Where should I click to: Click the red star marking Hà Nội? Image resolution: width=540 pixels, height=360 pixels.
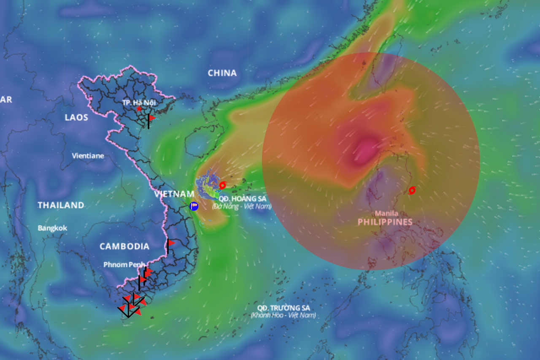pyautogui.click(x=139, y=109)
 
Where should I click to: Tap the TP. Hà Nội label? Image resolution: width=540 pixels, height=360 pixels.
pyautogui.click(x=138, y=103)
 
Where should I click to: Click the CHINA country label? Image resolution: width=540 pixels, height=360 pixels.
pyautogui.click(x=222, y=73)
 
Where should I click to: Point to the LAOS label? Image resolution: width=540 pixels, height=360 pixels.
pyautogui.click(x=76, y=117)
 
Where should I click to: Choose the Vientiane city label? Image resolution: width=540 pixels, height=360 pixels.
pyautogui.click(x=88, y=156)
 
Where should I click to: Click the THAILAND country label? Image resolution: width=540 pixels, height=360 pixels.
pyautogui.click(x=61, y=205)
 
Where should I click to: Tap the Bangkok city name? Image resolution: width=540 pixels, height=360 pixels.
pyautogui.click(x=52, y=228)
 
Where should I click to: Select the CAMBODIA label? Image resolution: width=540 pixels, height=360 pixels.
pyautogui.click(x=124, y=246)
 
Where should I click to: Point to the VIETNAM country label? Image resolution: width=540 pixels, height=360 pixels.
pyautogui.click(x=174, y=194)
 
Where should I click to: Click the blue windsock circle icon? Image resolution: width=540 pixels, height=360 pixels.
pyautogui.click(x=194, y=206)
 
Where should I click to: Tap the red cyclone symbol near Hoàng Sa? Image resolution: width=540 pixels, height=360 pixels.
pyautogui.click(x=222, y=185)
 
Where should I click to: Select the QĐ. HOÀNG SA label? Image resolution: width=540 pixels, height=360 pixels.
pyautogui.click(x=243, y=198)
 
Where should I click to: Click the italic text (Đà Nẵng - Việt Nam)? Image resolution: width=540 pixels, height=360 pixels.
pyautogui.click(x=242, y=206)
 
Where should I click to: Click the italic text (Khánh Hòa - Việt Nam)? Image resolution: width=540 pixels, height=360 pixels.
pyautogui.click(x=283, y=315)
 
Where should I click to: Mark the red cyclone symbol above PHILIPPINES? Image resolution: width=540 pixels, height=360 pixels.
pyautogui.click(x=412, y=190)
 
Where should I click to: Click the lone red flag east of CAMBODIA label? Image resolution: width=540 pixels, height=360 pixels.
pyautogui.click(x=170, y=243)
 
